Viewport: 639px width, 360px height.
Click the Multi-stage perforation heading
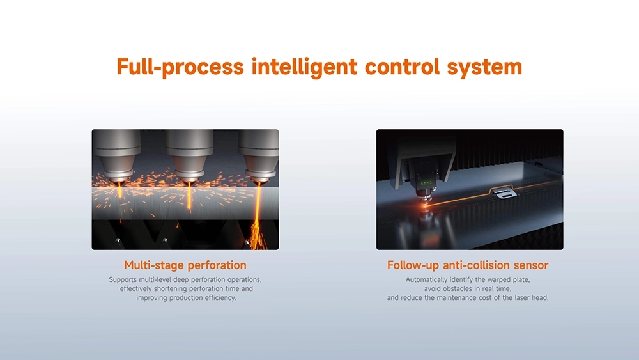click(x=185, y=265)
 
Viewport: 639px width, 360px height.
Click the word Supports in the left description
click(x=123, y=280)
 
